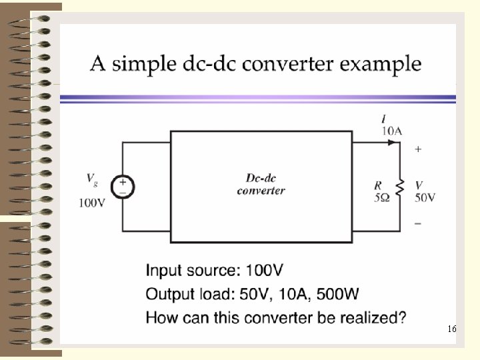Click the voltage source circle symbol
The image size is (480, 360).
pyautogui.click(x=123, y=186)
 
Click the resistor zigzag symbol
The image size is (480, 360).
pyautogui.click(x=400, y=188)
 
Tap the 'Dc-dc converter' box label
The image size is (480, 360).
pyautogui.click(x=261, y=184)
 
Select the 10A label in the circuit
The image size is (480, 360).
pyautogui.click(x=392, y=131)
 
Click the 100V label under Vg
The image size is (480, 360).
pyautogui.click(x=92, y=203)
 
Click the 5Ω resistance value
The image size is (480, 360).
pyautogui.click(x=381, y=197)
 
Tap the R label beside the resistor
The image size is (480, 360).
pyautogui.click(x=378, y=186)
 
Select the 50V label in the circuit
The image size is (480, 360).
pyautogui.click(x=425, y=197)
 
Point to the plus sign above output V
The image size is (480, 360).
pyautogui.click(x=418, y=149)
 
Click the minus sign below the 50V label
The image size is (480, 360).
pyautogui.click(x=418, y=224)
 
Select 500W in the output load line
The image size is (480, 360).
pyautogui.click(x=333, y=294)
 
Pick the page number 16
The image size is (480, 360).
pyautogui.click(x=452, y=329)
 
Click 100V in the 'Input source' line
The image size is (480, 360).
pyautogui.click(x=265, y=271)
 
